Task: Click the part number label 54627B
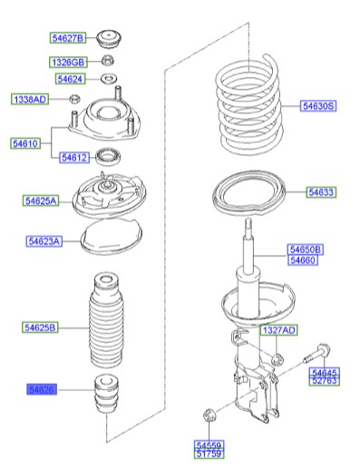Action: (67, 38)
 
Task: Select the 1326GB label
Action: (67, 63)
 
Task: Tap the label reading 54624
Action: (71, 80)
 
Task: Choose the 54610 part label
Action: (26, 143)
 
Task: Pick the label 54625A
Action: (42, 200)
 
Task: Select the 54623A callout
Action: (44, 241)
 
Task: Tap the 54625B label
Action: (42, 326)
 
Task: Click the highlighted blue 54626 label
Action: (42, 389)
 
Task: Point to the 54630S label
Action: (318, 106)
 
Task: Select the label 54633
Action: (320, 192)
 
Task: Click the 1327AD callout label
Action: (278, 331)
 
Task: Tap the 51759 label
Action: (209, 454)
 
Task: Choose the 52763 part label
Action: (324, 381)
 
